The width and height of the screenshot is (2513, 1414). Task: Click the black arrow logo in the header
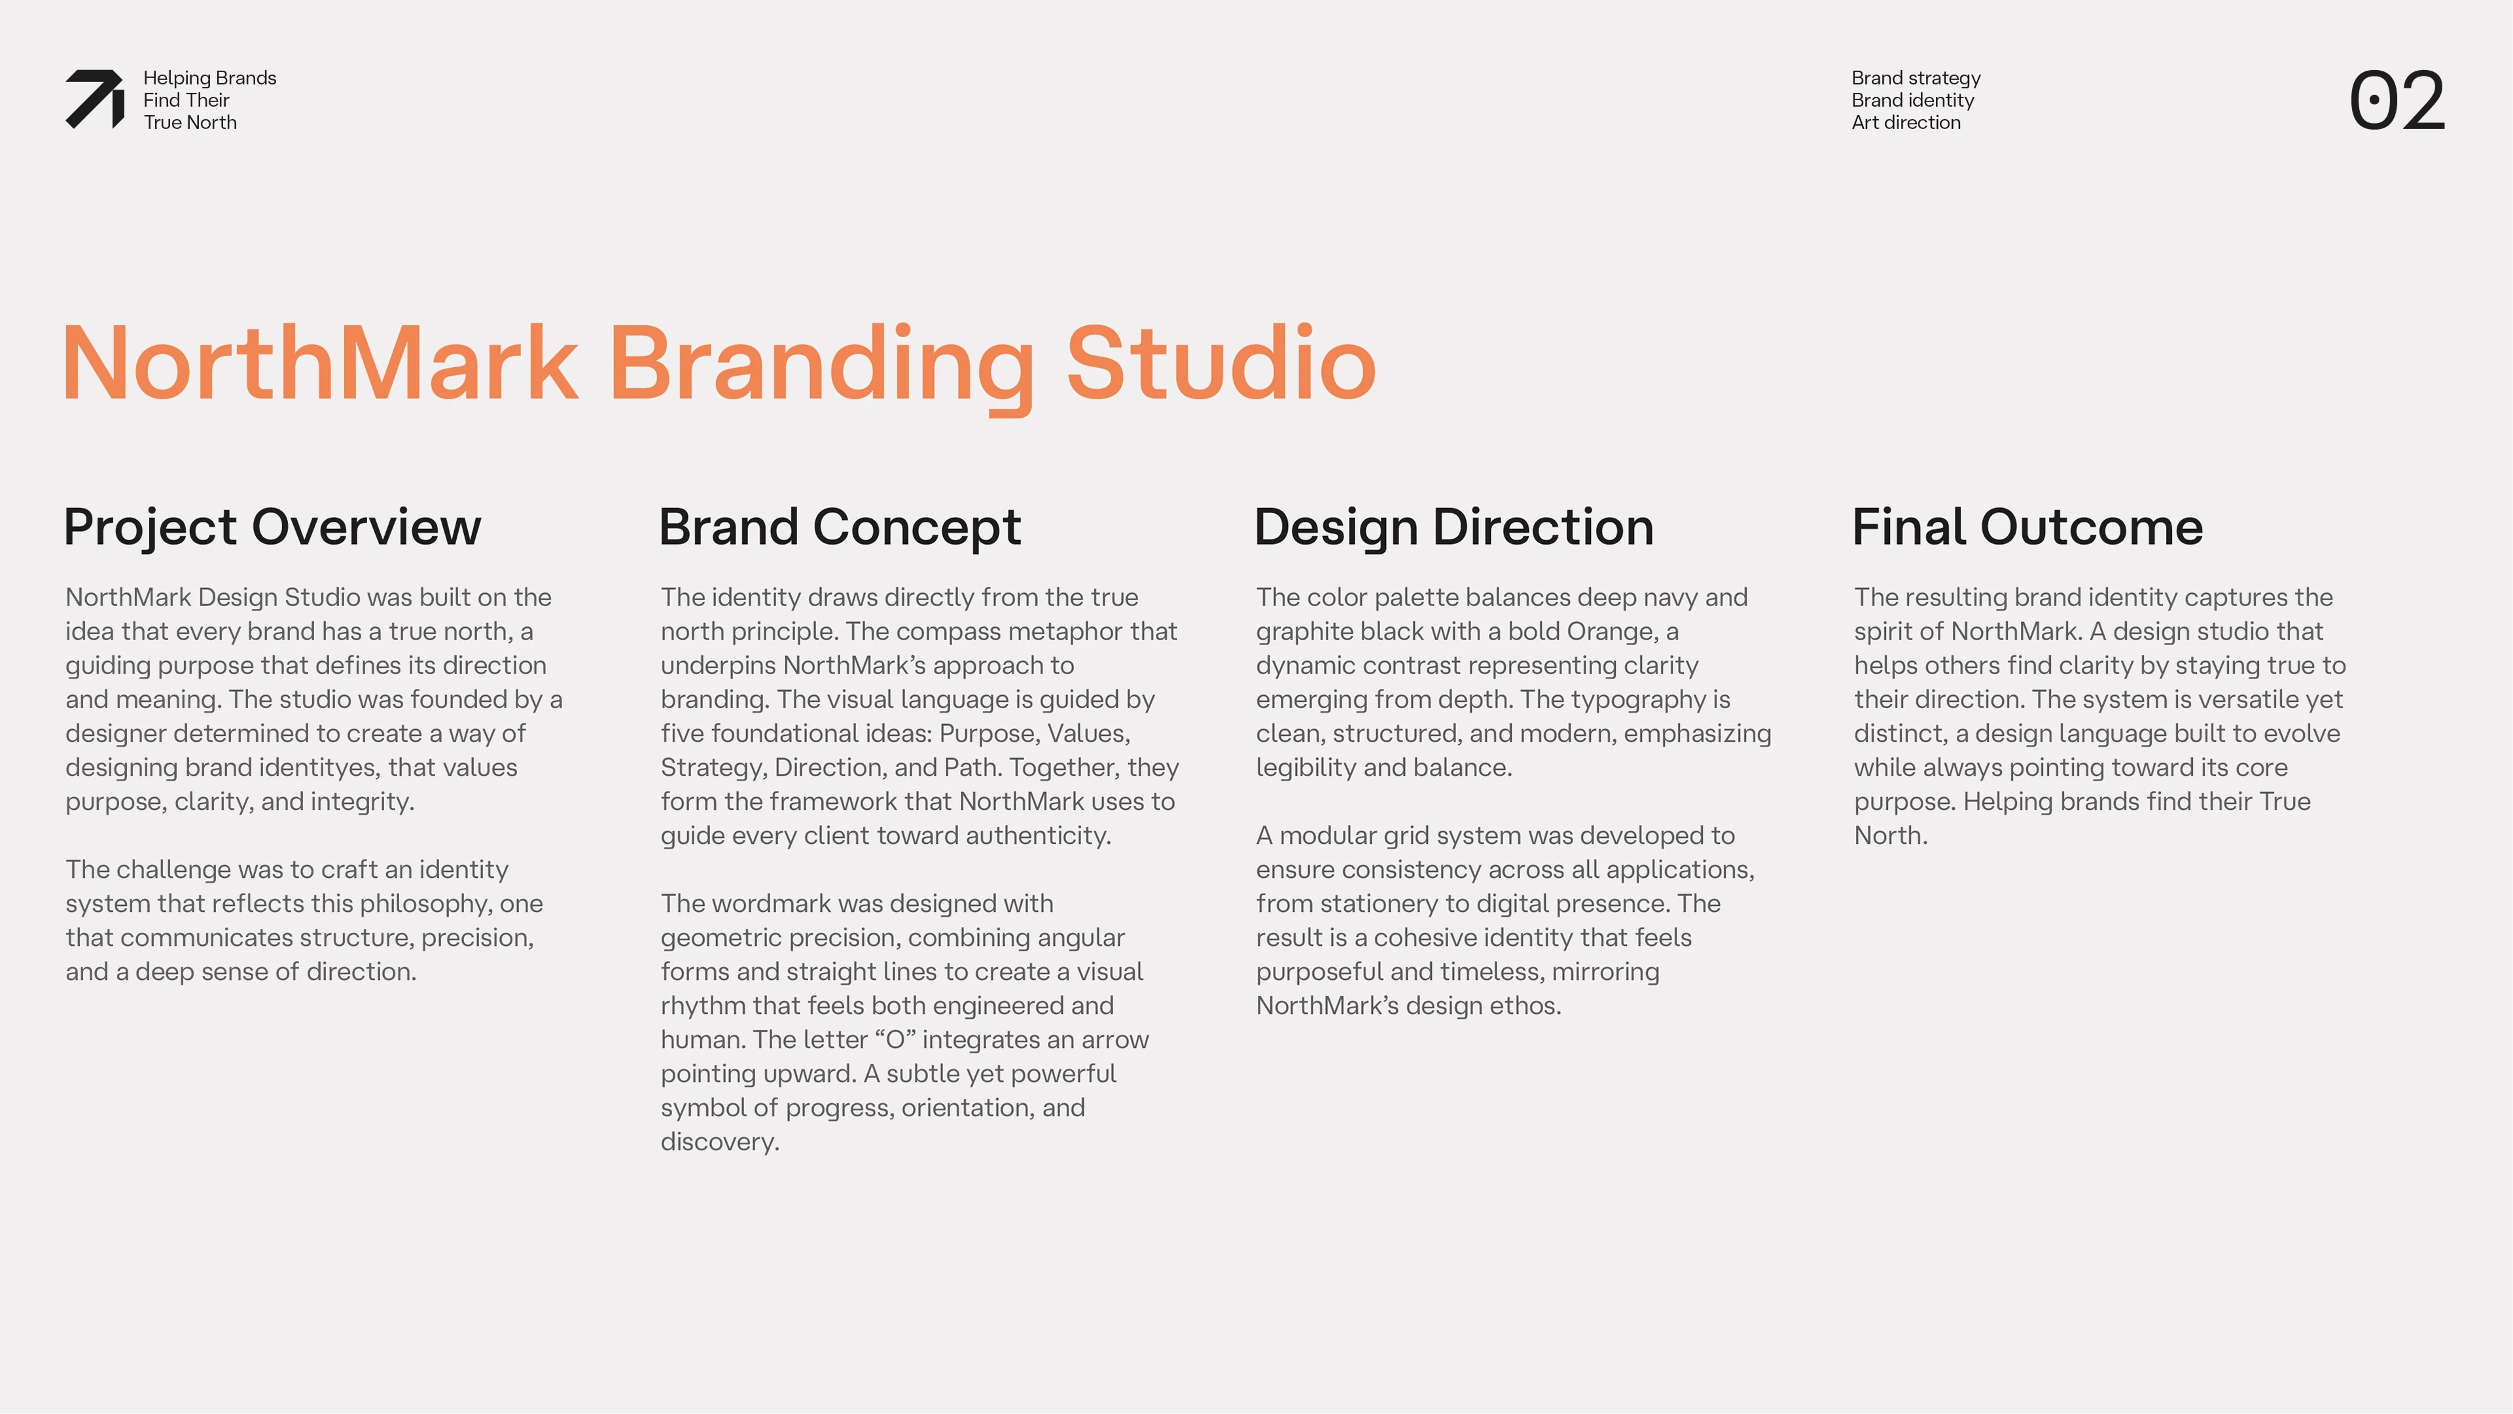point(95,100)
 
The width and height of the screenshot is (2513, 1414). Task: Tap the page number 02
point(2397,101)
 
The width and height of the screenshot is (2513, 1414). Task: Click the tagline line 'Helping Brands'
point(209,78)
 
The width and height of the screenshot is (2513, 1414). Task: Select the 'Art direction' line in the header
point(1905,122)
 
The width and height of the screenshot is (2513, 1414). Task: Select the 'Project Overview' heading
point(272,527)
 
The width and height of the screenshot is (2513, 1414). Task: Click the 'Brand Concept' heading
point(840,527)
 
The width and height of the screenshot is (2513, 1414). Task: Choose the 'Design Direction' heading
point(1453,527)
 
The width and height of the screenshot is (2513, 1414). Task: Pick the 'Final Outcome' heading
point(2027,527)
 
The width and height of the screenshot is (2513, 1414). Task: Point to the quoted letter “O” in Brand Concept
point(895,1040)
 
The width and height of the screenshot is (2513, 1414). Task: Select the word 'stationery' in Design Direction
point(1386,903)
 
